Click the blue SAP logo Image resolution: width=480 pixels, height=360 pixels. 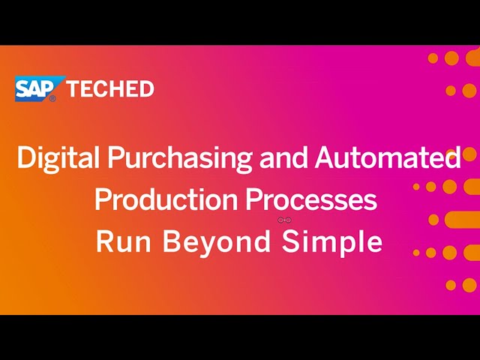click(39, 88)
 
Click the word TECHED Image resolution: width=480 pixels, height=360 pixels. click(110, 88)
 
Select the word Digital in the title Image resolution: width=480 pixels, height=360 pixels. click(58, 158)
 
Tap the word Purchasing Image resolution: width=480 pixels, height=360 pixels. click(180, 158)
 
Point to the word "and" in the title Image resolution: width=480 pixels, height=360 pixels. click(283, 157)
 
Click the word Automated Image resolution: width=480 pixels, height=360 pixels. click(388, 157)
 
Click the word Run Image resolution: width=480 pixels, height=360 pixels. click(124, 241)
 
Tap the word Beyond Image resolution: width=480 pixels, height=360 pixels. click(217, 242)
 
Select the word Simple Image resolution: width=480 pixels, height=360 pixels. click(332, 242)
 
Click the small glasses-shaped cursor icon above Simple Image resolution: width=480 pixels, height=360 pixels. click(284, 220)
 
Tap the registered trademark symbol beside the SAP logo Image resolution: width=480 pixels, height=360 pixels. click(52, 98)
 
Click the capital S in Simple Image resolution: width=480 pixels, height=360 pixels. click(291, 241)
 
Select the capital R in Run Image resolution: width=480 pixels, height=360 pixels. click(105, 241)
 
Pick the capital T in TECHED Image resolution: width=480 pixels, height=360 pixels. click(73, 88)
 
